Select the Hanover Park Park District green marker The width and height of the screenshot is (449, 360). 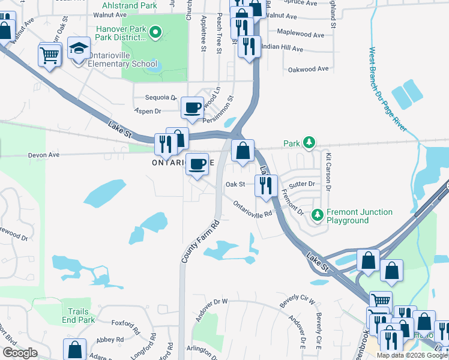point(155,32)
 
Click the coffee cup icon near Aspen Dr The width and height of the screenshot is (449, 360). point(192,107)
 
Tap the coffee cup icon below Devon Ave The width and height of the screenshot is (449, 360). point(197,164)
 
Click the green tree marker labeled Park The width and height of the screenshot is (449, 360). point(309,143)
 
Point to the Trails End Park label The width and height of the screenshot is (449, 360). point(78,316)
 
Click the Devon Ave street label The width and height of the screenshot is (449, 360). point(44,155)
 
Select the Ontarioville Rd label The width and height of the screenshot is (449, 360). point(253,208)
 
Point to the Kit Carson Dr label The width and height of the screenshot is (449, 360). point(328,171)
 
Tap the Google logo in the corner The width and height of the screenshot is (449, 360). point(20,353)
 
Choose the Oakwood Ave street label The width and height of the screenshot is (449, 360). point(309,69)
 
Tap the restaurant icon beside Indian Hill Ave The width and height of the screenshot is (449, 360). point(249,46)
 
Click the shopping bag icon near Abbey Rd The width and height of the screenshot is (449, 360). point(74,349)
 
